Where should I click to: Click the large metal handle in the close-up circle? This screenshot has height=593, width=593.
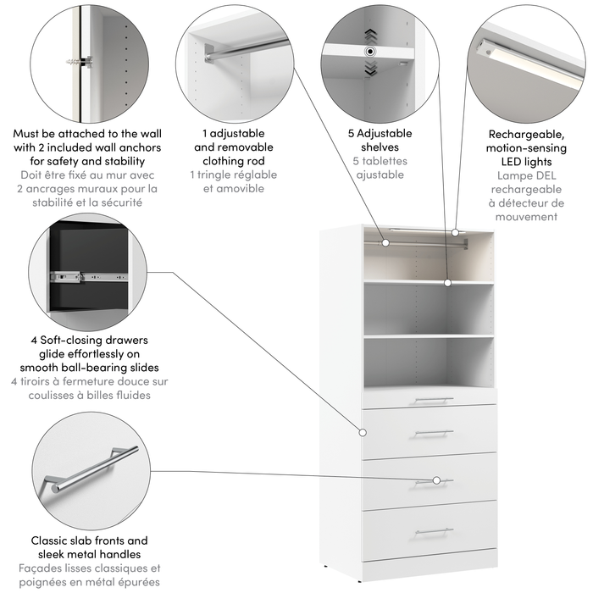tap(90, 468)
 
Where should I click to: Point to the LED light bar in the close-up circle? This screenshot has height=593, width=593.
tap(524, 59)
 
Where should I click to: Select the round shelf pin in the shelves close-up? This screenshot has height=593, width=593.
tap(369, 52)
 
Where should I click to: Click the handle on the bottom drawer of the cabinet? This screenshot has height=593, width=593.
tap(435, 531)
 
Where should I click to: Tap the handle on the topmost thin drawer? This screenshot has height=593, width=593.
tap(435, 399)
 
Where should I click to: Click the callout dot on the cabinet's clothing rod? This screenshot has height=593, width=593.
tap(385, 242)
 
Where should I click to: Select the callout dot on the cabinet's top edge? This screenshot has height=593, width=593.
tap(456, 230)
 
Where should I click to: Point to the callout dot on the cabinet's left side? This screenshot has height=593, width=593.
tap(362, 431)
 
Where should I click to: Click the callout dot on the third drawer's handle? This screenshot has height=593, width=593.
tap(437, 480)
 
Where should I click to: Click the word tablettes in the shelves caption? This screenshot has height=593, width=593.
tap(385, 161)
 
